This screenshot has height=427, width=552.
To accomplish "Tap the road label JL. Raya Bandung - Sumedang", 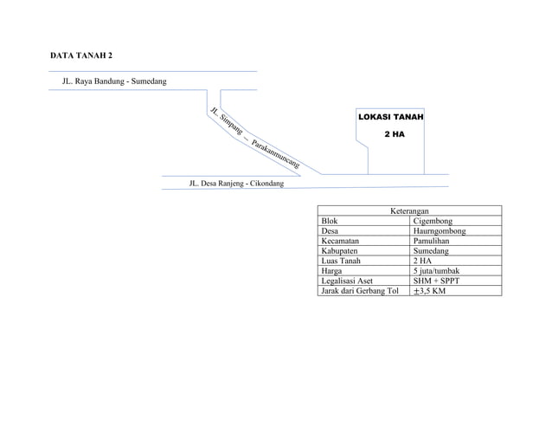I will coord(108,81).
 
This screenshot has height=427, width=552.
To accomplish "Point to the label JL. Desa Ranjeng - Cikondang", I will coord(236,184).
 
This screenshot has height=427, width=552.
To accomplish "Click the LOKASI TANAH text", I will coord(390,116).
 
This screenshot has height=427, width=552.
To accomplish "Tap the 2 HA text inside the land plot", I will coord(394,134).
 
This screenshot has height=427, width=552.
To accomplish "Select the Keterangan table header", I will coord(409,211).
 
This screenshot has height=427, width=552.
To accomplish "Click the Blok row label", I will coord(329,222).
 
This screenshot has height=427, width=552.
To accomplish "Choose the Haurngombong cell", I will coord(440,231).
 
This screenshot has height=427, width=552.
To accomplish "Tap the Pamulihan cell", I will coord(433,241).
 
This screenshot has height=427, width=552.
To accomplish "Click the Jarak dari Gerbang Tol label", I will coord(360,291).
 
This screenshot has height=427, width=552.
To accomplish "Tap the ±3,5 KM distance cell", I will coord(429,291).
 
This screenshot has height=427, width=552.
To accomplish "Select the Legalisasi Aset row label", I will coord(347,281).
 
